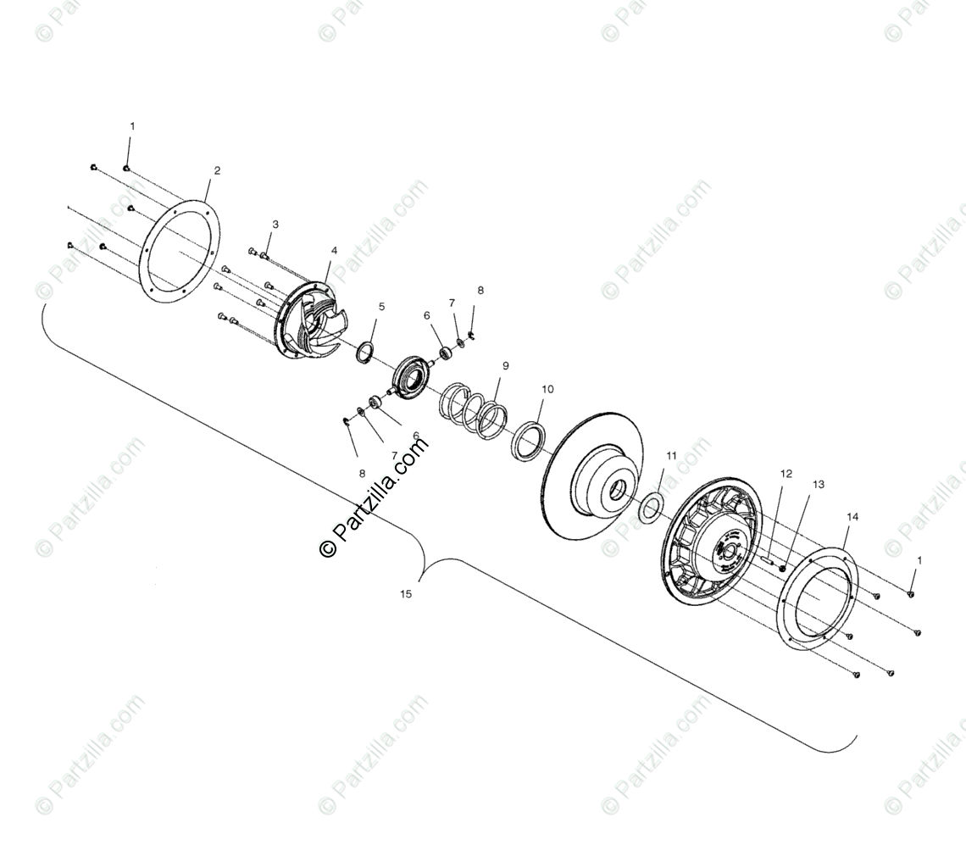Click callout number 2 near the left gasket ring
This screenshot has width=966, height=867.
(x=217, y=170)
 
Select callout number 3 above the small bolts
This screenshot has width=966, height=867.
(x=275, y=225)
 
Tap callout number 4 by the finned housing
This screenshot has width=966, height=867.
(x=334, y=251)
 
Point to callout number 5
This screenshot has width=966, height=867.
(x=381, y=307)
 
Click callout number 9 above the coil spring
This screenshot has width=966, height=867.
(x=506, y=366)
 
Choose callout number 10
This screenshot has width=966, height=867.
(x=547, y=390)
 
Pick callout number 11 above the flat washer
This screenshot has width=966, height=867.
(x=671, y=456)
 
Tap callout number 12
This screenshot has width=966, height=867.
(x=786, y=474)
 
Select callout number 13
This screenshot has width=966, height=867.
(x=818, y=485)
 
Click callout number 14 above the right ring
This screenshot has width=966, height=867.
(x=852, y=517)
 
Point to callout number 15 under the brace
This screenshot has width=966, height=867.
(x=406, y=594)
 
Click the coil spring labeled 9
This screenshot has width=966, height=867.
(x=474, y=409)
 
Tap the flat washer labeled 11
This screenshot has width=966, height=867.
(x=650, y=507)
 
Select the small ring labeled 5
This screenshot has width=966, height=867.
(x=365, y=351)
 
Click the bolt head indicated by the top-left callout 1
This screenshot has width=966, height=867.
(x=126, y=168)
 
